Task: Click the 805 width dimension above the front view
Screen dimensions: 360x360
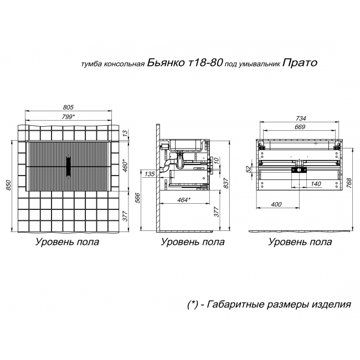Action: (68, 107)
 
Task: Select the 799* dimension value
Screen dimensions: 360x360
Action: (68, 116)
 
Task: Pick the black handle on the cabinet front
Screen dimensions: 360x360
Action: (68, 165)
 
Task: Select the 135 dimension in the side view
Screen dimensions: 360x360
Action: (149, 174)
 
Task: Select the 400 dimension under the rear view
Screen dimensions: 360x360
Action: (277, 204)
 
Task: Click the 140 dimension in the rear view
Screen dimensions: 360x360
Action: (316, 183)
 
